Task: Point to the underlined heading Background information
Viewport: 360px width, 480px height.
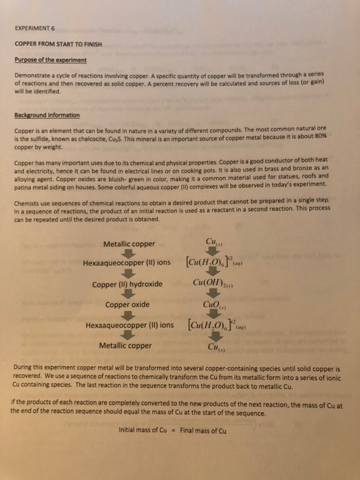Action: point(54,115)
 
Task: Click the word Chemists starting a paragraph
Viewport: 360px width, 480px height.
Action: point(28,200)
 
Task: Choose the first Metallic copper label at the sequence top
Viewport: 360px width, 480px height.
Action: point(129,243)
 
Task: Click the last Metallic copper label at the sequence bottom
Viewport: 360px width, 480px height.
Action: point(128,346)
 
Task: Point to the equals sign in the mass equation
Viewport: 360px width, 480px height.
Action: point(174,431)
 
